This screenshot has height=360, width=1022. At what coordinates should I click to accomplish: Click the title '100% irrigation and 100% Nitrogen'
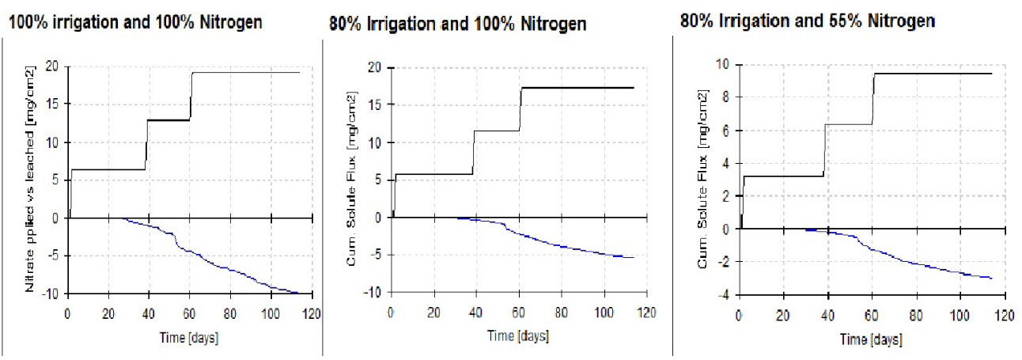coord(135,22)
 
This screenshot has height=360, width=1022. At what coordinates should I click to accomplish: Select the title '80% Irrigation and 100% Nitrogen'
coord(458,24)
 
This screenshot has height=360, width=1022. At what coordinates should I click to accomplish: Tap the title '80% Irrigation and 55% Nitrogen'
coord(808,21)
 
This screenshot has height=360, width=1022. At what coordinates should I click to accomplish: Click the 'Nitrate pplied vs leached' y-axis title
coord(29,179)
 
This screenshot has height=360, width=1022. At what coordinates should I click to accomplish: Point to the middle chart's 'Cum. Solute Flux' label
coord(351,179)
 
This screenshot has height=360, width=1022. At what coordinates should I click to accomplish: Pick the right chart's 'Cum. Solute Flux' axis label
coord(702,180)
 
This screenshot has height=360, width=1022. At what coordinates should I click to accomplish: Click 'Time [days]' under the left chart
coord(189,338)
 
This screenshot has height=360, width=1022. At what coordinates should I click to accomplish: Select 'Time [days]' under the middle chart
coord(518,336)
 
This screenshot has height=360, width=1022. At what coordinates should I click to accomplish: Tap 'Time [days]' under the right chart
coord(871,340)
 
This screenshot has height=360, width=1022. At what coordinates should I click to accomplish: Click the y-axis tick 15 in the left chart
coord(52,104)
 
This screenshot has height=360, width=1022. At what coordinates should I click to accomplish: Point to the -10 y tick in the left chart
coord(50,294)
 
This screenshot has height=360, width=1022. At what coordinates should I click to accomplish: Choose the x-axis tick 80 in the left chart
coord(230,314)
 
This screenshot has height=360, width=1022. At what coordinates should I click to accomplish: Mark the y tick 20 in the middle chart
coord(374,67)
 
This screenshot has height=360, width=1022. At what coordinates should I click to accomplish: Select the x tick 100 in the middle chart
coord(604,313)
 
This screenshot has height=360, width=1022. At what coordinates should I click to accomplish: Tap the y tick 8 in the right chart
coord(726,97)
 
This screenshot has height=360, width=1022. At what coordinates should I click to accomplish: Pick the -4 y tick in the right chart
coord(724,295)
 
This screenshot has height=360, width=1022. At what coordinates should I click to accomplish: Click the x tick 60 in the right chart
coord(872,315)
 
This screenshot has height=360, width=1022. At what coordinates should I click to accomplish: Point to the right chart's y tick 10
coord(723,64)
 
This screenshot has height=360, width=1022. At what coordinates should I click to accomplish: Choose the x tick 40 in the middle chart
coord(475,313)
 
